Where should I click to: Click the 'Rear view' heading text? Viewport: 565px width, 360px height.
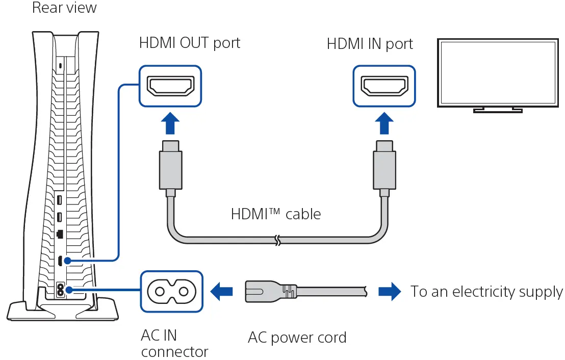[64, 8]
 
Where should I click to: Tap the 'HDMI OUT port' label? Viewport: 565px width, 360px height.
[190, 43]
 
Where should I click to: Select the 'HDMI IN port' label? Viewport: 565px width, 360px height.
[369, 44]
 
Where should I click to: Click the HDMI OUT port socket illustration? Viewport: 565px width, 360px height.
[170, 86]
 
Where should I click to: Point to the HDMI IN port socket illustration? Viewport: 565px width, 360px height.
[384, 86]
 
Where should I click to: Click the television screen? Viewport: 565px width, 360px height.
[498, 73]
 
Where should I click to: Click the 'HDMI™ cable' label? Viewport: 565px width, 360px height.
[276, 214]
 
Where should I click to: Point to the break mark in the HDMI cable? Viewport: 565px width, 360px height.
[277, 240]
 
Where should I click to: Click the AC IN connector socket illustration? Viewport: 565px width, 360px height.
[172, 292]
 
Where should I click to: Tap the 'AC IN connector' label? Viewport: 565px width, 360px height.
[174, 343]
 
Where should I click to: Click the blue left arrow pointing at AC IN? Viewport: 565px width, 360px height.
[221, 291]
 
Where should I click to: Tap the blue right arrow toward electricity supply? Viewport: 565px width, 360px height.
[390, 291]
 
